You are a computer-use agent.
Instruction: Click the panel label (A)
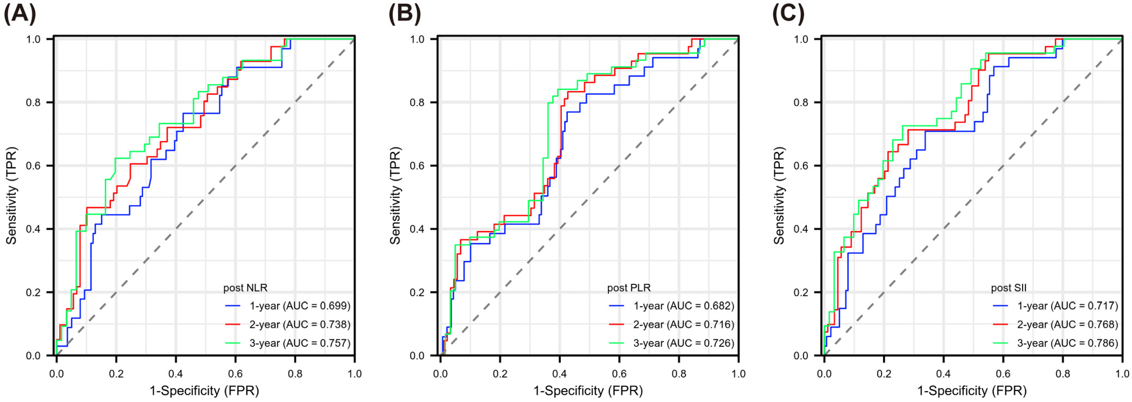[x=20, y=13]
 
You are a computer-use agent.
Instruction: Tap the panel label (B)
[x=405, y=13]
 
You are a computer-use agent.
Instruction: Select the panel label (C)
[x=788, y=13]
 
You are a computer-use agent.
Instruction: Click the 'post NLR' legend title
[x=245, y=288]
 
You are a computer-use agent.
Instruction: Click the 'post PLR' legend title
[x=629, y=288]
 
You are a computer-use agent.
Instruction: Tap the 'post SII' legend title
[x=1008, y=288]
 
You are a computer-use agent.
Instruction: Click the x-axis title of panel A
[x=204, y=391]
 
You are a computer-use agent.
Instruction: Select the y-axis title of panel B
[x=395, y=196]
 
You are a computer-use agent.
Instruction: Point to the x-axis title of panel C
[x=972, y=391]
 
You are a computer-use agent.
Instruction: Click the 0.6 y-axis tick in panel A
[x=33, y=166]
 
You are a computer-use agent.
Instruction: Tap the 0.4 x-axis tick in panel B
[x=559, y=374]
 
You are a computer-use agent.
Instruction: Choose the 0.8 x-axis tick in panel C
[x=1062, y=374]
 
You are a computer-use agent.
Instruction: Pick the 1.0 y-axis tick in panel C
[x=801, y=39]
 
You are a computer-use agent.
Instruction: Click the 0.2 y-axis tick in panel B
[x=417, y=293]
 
